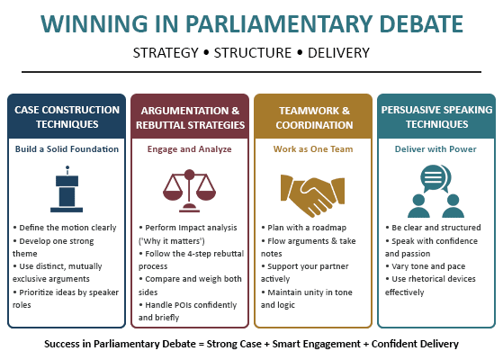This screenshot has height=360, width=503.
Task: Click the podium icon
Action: tap(67, 186)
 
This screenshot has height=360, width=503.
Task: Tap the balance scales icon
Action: tap(189, 186)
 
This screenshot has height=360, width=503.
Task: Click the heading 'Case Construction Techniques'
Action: tap(67, 116)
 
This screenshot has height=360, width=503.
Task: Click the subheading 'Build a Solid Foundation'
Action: tap(67, 148)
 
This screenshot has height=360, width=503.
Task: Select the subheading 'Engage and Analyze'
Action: tap(189, 148)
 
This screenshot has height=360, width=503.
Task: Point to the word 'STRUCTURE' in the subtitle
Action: tap(251, 52)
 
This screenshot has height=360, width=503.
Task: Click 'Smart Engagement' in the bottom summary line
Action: tap(309, 344)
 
